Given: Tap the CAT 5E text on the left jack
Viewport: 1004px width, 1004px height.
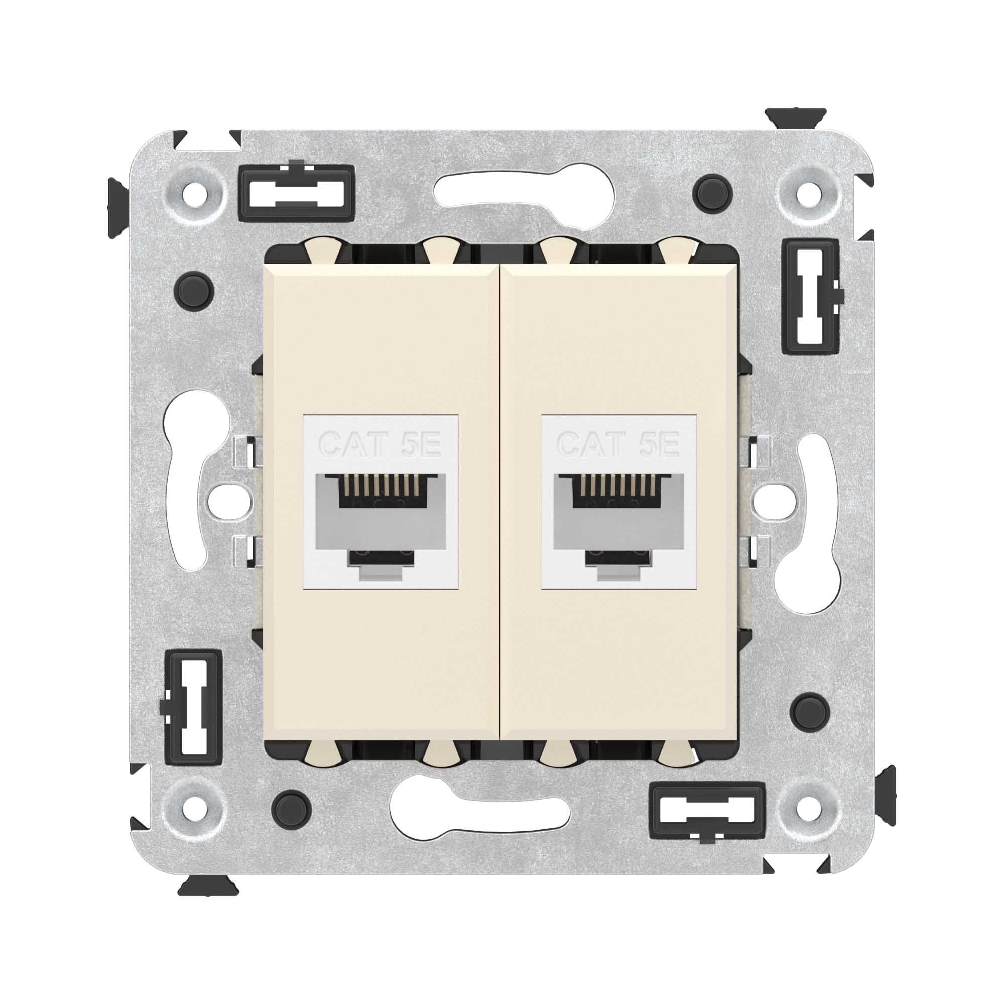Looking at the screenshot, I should (380, 445).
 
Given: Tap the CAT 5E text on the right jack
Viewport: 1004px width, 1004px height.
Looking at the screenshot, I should (618, 445).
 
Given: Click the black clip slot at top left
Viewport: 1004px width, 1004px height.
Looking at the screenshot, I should (297, 192).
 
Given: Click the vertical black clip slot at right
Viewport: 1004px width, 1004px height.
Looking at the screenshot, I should (811, 297).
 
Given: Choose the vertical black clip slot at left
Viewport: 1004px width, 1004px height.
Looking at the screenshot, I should (193, 707).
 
